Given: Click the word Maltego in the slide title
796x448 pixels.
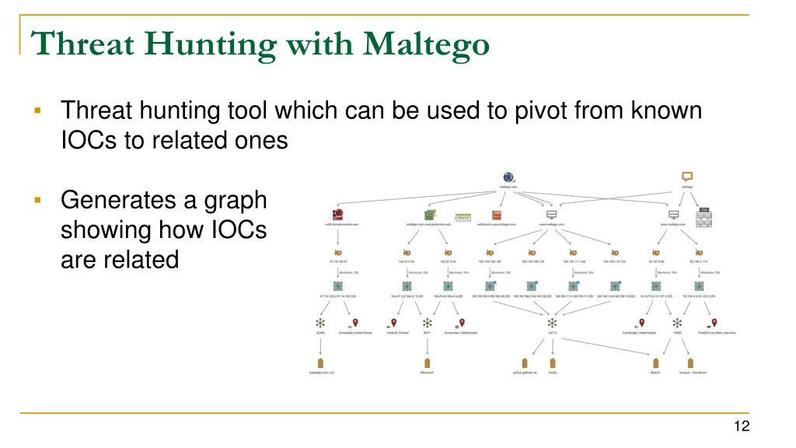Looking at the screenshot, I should coord(426,43).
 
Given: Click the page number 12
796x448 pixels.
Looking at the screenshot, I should coord(740,425).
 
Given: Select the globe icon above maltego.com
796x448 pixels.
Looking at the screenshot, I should coord(509,177).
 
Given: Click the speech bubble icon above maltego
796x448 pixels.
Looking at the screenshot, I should coord(687,176).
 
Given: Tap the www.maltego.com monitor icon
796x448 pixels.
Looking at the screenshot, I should coord(552,215).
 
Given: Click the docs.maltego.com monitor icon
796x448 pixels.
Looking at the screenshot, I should coord(673,215).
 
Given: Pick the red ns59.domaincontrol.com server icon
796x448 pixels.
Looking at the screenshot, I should coord(337,215).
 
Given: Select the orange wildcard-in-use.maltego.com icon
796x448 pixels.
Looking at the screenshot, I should coord(496,215).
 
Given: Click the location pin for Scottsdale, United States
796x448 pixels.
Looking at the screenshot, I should coord(355,323).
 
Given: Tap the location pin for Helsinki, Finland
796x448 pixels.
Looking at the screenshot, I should coord(394,323).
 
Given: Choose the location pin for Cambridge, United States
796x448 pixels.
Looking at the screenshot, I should coord(641,323).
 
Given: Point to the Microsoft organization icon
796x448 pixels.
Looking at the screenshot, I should coord(426,363).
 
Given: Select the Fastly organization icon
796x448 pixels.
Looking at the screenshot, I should coord(553,363).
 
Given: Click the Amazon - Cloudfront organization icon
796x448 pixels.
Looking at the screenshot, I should coord(689,363).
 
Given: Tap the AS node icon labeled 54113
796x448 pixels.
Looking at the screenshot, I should coord(553,323).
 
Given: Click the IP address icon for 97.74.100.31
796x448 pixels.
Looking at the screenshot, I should coord(338,253).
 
